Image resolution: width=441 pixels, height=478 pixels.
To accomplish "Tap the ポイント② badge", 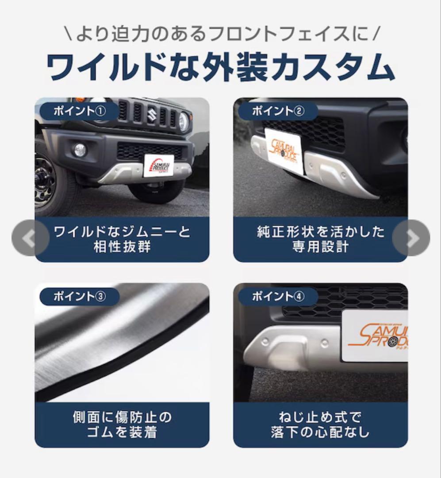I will click(278, 111).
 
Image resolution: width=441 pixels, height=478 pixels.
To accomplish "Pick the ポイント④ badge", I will click(278, 297).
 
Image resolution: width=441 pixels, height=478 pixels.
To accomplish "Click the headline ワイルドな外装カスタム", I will click(220, 68).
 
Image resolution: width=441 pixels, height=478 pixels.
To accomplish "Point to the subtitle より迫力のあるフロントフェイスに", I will click(220, 34).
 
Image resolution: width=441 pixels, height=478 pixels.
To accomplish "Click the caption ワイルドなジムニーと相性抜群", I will click(122, 239).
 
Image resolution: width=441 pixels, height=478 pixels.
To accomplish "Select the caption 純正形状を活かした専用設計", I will click(320, 239).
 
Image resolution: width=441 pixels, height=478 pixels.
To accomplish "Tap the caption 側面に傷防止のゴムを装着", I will click(122, 424).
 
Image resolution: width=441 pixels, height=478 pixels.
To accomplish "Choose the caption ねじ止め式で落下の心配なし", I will click(320, 424).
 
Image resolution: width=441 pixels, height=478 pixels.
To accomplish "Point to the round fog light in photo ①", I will click(80, 150).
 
